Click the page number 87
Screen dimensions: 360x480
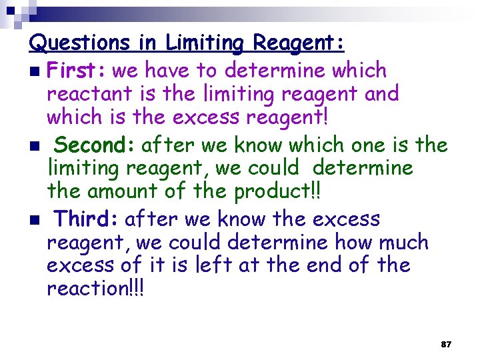point(446,345)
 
